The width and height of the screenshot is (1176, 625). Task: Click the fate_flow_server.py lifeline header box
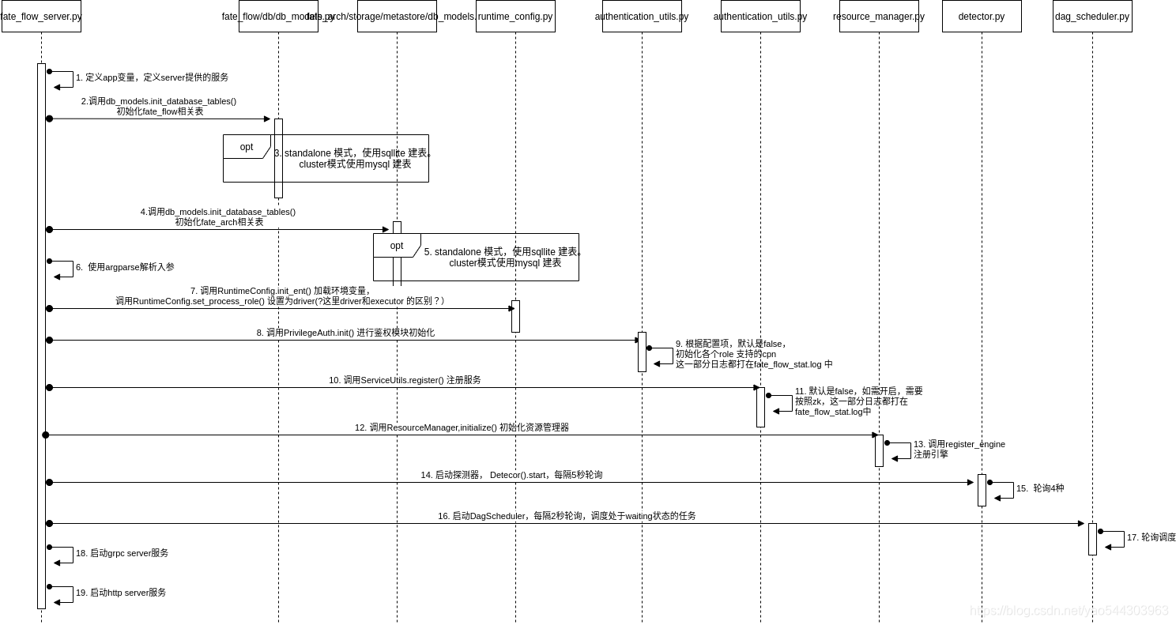(x=41, y=17)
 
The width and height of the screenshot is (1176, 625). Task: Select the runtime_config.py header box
(x=515, y=17)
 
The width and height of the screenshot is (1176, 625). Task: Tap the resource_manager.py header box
(x=879, y=17)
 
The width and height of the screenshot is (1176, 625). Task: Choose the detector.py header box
(x=982, y=17)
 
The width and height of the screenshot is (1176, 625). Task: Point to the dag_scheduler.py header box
(x=1092, y=17)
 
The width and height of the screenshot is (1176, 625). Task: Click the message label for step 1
(x=153, y=77)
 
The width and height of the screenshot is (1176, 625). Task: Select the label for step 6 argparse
(x=125, y=267)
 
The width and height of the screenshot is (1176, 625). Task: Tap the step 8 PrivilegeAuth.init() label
(x=345, y=333)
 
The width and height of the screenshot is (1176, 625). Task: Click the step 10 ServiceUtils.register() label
(x=405, y=380)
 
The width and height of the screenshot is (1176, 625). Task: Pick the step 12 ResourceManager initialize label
(x=462, y=427)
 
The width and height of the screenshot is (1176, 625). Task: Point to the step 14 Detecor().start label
(x=511, y=475)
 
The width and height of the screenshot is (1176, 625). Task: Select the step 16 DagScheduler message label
(x=567, y=516)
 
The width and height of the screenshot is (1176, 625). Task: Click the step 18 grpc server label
(x=122, y=553)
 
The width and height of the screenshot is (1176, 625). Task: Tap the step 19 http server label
(x=121, y=593)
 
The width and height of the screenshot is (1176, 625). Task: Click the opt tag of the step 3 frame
(x=247, y=147)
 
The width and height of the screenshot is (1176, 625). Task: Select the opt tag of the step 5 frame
(x=397, y=246)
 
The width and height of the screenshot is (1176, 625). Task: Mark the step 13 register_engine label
(x=959, y=449)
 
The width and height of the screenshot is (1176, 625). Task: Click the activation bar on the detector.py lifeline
(x=982, y=490)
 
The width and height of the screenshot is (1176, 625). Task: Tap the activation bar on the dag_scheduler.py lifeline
(x=1092, y=539)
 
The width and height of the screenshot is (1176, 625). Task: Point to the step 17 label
(x=1151, y=537)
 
